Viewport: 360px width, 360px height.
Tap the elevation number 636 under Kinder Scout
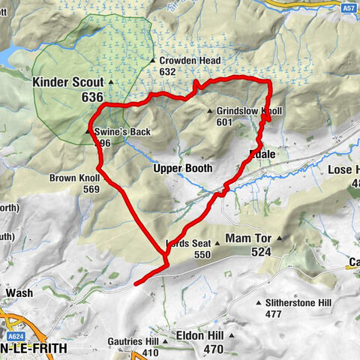[x=93, y=97]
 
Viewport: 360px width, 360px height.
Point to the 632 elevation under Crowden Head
[x=167, y=72]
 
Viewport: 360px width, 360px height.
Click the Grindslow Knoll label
[x=250, y=111]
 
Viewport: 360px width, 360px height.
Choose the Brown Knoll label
[x=73, y=178]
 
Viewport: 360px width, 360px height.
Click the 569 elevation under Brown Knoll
[x=91, y=190]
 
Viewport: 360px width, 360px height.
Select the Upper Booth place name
[x=183, y=168]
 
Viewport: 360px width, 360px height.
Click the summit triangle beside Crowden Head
[x=152, y=61]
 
